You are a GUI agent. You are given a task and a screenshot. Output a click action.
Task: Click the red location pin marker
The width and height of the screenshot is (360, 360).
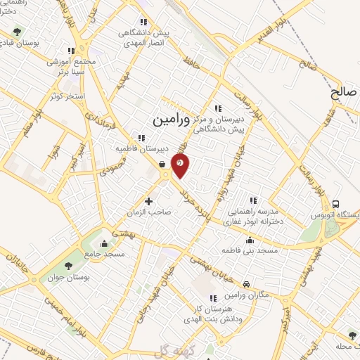pyautogui.click(x=180, y=164)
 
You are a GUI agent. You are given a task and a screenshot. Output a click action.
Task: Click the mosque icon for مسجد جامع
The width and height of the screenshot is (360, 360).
pyautogui.click(x=105, y=244)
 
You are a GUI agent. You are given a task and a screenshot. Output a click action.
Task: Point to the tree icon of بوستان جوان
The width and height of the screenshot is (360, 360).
pyautogui.click(x=68, y=265)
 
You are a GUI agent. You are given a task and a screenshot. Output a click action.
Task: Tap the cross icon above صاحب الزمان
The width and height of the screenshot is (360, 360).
pyautogui.click(x=148, y=201)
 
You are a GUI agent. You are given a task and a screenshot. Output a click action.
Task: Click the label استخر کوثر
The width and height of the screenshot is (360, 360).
pyautogui.click(x=69, y=94)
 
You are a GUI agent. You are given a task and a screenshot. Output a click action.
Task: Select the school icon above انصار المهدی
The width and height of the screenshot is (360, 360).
pyautogui.click(x=144, y=22)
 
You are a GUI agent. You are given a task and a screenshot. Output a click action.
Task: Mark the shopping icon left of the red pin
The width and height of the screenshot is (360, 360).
pyautogui.click(x=162, y=165)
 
